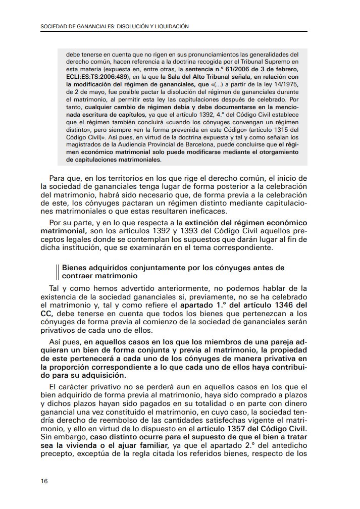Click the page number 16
pos(44,481)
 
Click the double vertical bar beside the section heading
pos(58,272)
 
